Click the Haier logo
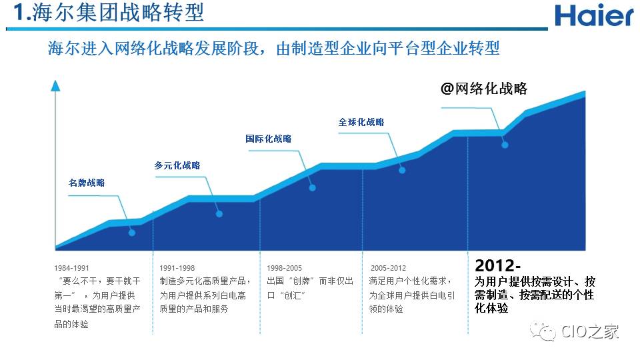594,15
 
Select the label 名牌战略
87,183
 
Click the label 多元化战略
177,165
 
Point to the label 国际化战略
268,139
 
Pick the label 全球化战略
361,122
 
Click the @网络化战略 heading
484,89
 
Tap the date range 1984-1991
72,268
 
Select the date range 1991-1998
177,268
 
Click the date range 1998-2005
284,268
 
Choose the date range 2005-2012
387,268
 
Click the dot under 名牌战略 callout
132,233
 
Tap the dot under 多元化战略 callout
219,213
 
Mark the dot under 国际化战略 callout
312,188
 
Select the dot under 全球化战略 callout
403,170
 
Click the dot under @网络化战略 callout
505,145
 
